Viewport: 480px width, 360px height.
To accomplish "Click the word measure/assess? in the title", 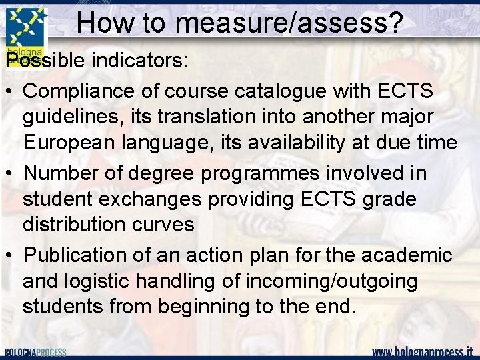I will coord(289,24).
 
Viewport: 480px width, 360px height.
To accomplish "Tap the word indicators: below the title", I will coord(141,61).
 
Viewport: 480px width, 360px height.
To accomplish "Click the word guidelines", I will coord(71,117).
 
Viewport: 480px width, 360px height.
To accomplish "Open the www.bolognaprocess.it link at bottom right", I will coord(422,351).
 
